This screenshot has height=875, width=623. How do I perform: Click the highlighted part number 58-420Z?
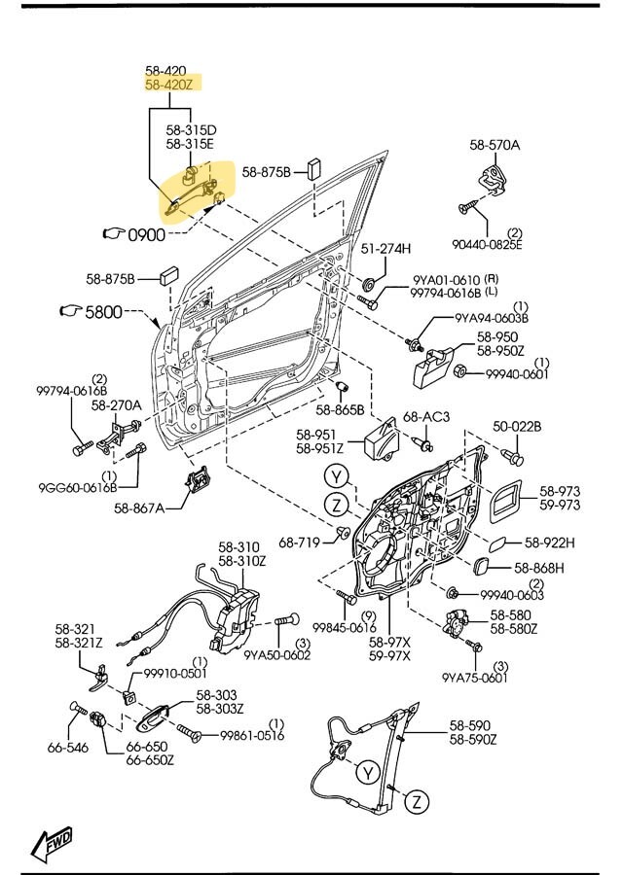click(167, 86)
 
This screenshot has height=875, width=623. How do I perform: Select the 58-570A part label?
click(495, 145)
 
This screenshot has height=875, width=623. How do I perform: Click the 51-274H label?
click(386, 249)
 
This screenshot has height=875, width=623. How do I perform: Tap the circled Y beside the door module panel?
click(337, 476)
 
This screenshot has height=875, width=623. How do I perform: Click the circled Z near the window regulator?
click(416, 801)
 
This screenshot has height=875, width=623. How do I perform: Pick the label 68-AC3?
click(426, 417)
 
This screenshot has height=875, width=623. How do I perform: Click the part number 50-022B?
click(517, 426)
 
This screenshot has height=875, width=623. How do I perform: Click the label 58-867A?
click(139, 507)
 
